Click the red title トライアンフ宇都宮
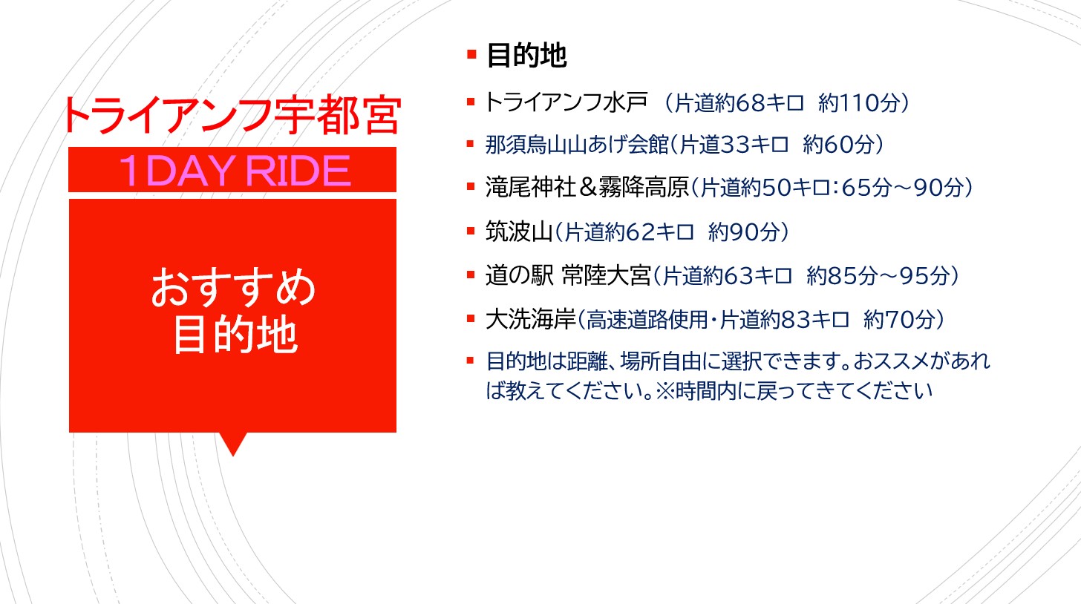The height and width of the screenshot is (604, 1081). click(x=232, y=115)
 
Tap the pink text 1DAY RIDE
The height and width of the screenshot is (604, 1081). click(x=235, y=171)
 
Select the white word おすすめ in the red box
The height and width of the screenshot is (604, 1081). click(x=234, y=287)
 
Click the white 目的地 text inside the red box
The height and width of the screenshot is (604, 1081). click(x=235, y=335)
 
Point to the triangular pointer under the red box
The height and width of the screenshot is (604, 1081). click(x=233, y=444)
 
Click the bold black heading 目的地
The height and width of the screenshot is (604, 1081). click(x=526, y=56)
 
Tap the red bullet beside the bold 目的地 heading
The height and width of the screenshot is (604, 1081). click(x=471, y=53)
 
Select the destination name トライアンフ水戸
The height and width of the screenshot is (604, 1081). click(x=566, y=102)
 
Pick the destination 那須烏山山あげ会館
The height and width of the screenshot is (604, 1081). click(x=577, y=144)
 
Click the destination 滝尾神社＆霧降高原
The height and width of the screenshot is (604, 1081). click(x=587, y=187)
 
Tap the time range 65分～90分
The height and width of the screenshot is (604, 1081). click(x=903, y=188)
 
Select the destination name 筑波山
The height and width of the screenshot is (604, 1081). click(x=519, y=232)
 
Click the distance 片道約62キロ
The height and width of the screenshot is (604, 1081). click(x=629, y=232)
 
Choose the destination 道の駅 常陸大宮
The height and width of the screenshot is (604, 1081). click(x=568, y=275)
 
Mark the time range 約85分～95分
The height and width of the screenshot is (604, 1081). click(x=878, y=276)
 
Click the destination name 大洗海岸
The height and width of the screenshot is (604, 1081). click(x=531, y=319)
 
